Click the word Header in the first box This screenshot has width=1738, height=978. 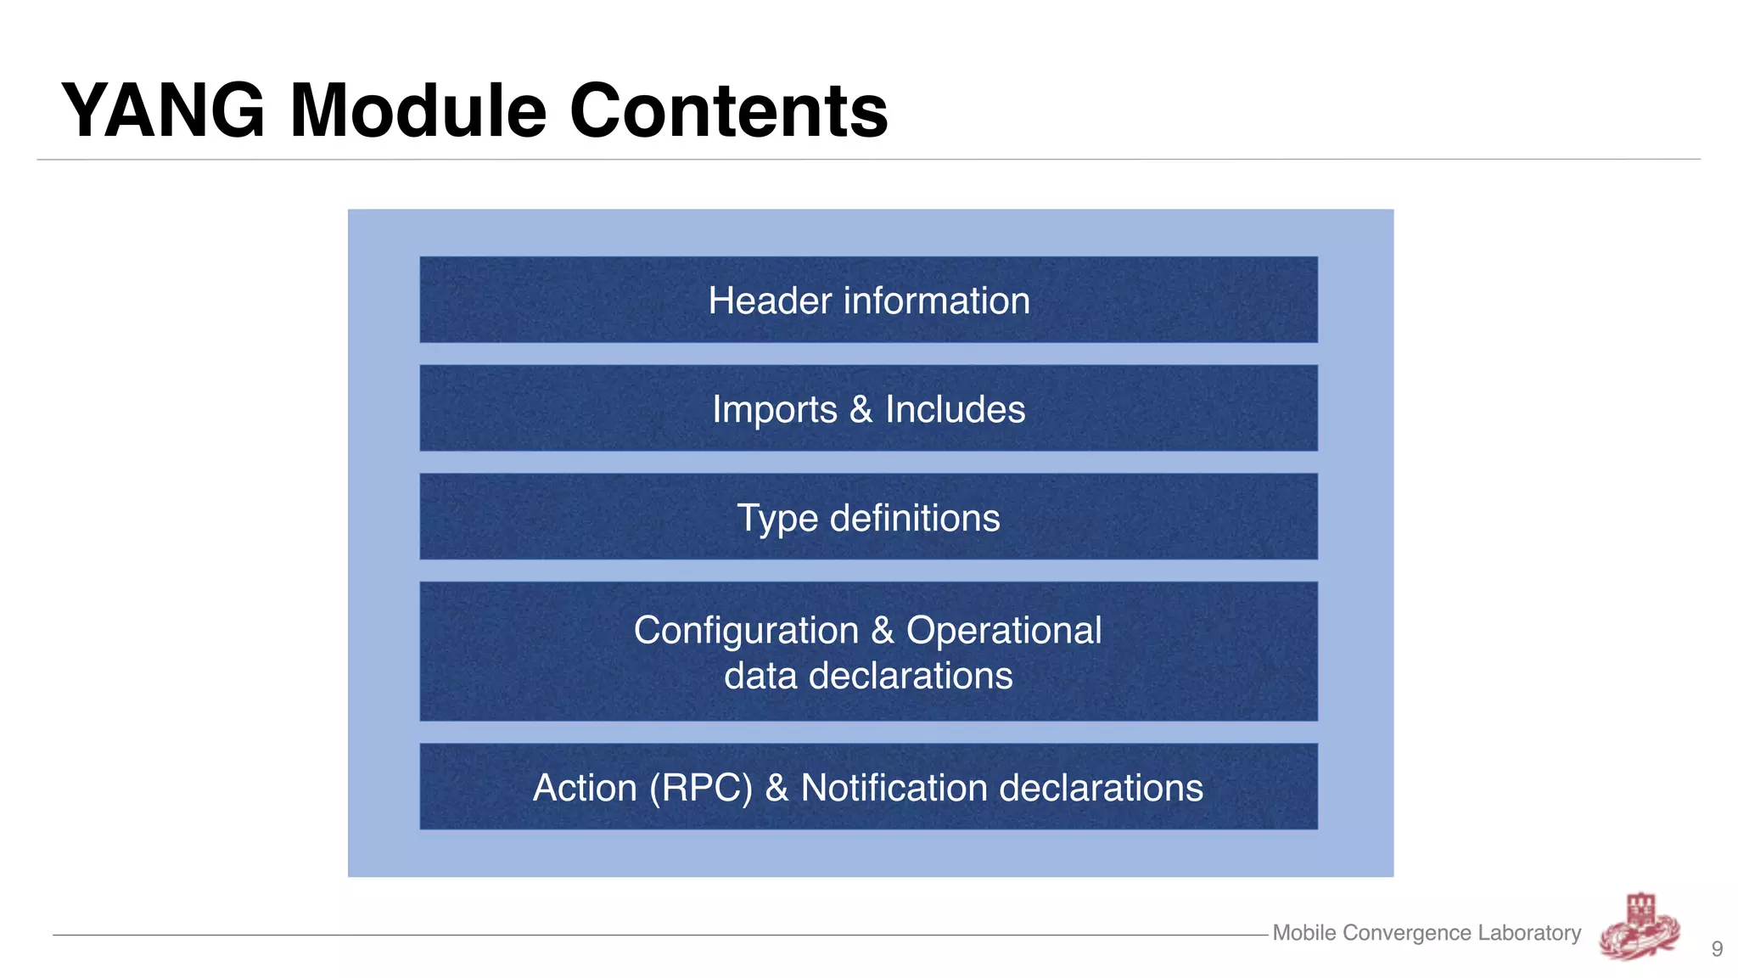point(770,301)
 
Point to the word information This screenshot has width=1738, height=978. point(936,301)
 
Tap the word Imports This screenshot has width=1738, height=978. point(774,409)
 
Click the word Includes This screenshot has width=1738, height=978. point(955,409)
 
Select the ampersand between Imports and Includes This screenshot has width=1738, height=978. point(861,409)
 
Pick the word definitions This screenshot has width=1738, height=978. point(915,518)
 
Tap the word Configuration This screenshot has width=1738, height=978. point(746,631)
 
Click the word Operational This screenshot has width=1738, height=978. point(1004,631)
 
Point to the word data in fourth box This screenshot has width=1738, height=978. point(760,676)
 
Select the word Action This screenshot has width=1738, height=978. point(585,788)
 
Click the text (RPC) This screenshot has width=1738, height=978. point(701,788)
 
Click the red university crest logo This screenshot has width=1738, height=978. point(1640,926)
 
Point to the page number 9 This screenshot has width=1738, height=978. point(1717,949)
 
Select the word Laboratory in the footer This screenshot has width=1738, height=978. point(1529,933)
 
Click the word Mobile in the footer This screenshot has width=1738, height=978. point(1304,933)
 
